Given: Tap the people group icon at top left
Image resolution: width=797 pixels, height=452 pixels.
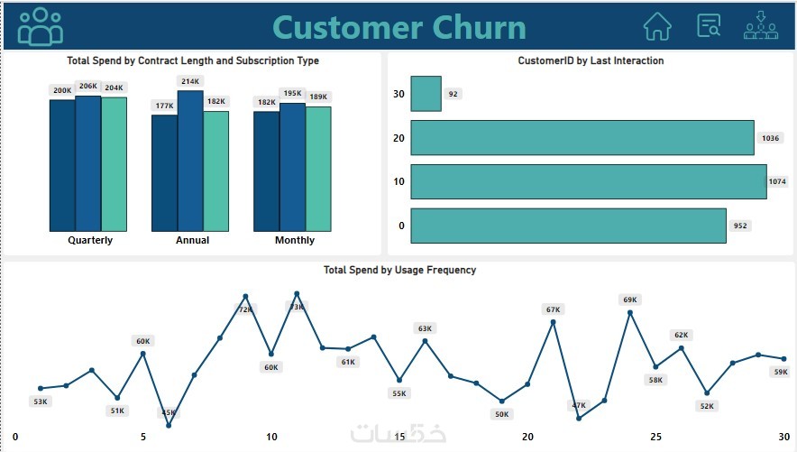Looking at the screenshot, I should [x=41, y=26].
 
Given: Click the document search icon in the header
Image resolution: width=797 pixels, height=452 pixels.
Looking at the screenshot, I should [x=710, y=25].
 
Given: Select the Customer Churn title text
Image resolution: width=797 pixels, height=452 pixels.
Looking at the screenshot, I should [x=399, y=27].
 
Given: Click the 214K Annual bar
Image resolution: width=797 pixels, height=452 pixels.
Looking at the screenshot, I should [x=190, y=161].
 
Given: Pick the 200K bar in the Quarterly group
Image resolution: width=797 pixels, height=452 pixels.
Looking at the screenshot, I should [x=62, y=164].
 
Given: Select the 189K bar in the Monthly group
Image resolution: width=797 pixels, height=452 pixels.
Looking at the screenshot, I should [x=318, y=169].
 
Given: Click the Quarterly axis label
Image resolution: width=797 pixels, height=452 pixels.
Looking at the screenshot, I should [x=90, y=240].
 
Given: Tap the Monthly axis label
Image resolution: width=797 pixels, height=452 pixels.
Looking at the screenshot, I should [x=295, y=240].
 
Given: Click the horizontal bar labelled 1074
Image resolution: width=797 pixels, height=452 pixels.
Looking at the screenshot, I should [x=588, y=181].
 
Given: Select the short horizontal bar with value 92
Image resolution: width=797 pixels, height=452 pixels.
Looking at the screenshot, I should [x=426, y=94].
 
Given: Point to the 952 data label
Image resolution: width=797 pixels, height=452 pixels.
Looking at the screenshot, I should [x=740, y=226].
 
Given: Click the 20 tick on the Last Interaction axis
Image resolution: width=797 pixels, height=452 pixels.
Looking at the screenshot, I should [x=399, y=138].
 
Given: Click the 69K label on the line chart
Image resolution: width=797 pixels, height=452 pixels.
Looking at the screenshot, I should [x=629, y=300].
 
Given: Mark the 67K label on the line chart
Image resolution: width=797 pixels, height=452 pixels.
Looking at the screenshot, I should [x=553, y=309].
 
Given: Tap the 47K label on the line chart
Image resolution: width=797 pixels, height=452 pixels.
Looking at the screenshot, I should [x=579, y=405].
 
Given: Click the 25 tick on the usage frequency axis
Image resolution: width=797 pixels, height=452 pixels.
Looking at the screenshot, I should [x=656, y=437].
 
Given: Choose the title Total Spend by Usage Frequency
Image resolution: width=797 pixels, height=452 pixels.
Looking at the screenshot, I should [x=399, y=270].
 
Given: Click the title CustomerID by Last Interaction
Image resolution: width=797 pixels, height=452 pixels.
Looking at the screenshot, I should [x=591, y=60].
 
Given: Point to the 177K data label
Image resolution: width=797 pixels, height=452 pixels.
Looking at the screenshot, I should [x=164, y=106].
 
